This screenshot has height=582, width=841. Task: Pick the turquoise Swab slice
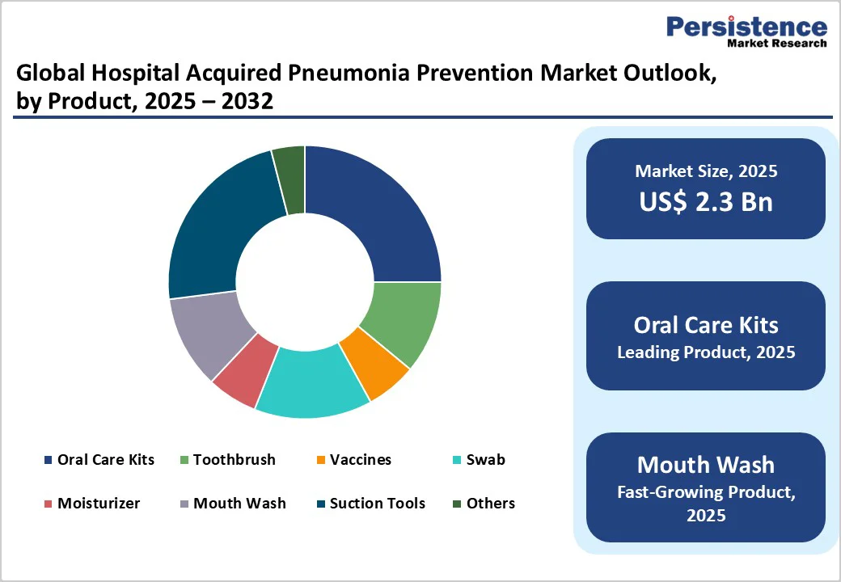click(311, 384)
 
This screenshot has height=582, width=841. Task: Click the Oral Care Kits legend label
click(105, 460)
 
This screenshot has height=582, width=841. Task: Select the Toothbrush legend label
click(234, 460)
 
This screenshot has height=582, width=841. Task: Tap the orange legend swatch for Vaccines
click(321, 461)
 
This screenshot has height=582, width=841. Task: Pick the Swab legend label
click(485, 460)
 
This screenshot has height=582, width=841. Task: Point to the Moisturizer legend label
click(98, 504)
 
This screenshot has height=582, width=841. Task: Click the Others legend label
click(490, 504)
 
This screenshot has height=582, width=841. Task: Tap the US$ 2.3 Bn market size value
click(706, 200)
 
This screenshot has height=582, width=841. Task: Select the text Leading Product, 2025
click(706, 352)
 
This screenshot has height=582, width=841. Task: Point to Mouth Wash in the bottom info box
click(706, 465)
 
